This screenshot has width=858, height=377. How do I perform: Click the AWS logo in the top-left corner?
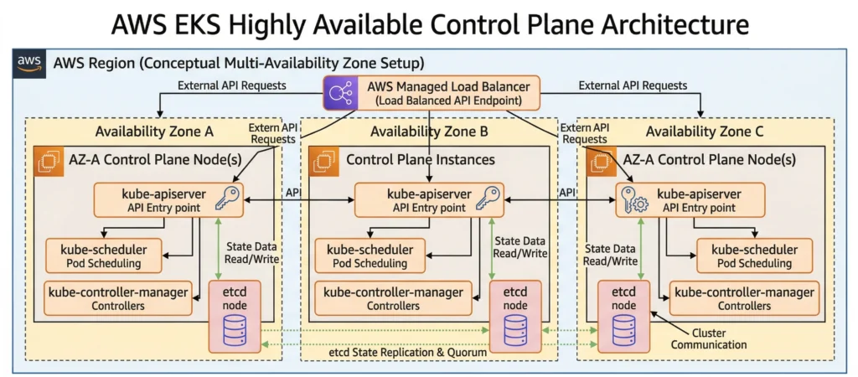[29, 65]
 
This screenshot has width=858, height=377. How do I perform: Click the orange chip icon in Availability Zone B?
[323, 160]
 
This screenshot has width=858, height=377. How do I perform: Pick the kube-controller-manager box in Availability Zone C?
[744, 297]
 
